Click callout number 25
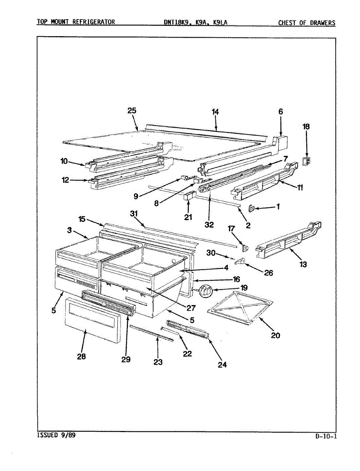132,111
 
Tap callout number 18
306,126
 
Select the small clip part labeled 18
307,161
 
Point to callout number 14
215,112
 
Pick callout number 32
209,225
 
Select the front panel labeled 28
92,319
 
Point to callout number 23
158,362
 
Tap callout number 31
135,213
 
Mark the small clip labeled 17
246,247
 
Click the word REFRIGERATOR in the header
93,22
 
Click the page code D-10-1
325,436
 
